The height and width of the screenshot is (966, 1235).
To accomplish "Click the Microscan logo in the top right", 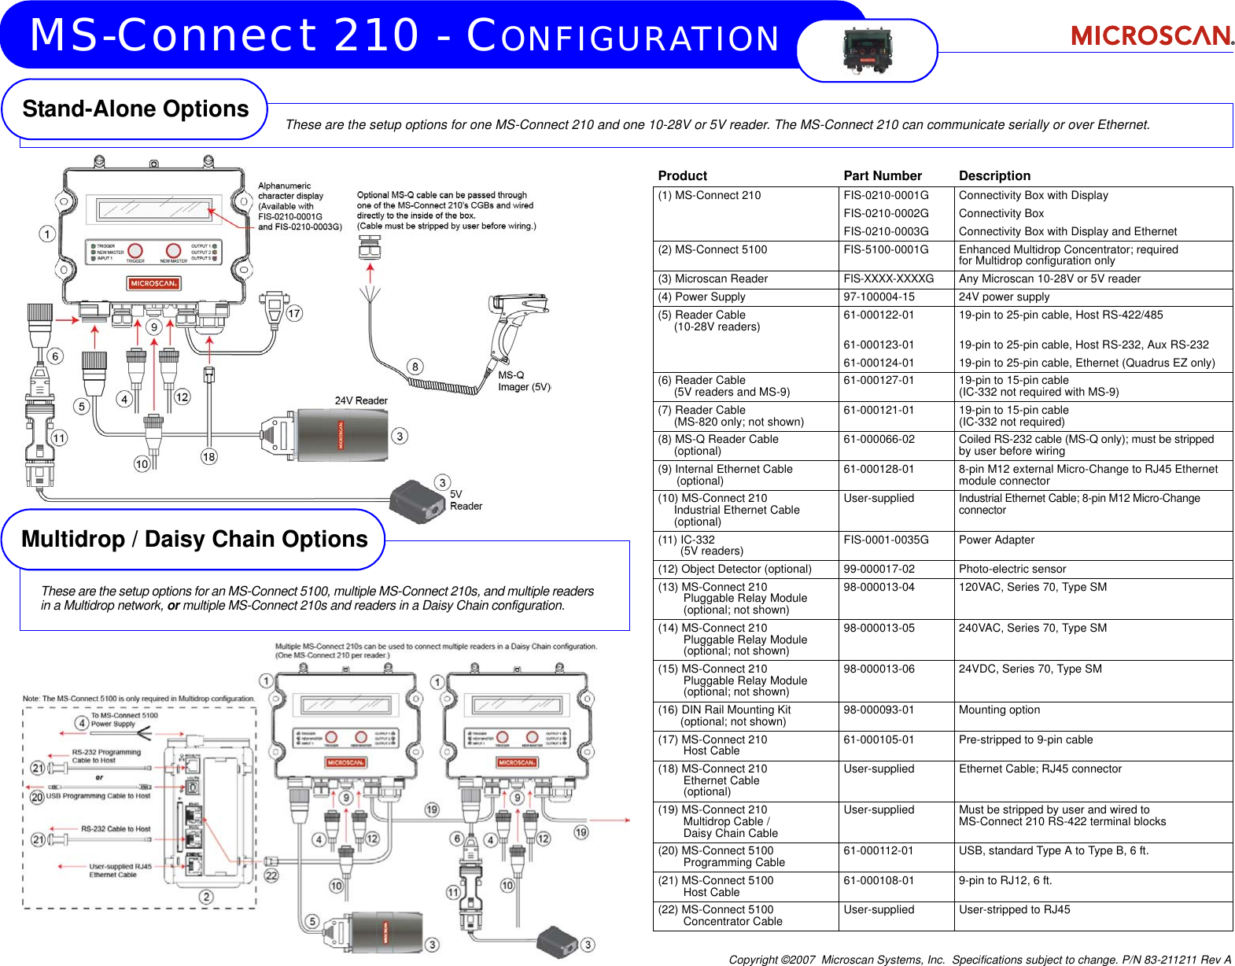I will click(x=1152, y=35).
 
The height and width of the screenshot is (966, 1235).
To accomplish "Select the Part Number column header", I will click(x=882, y=176).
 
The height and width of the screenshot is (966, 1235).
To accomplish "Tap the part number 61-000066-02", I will click(x=879, y=439).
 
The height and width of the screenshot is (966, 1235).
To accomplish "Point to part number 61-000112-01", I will click(x=879, y=850).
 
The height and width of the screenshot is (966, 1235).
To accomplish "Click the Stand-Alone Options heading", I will click(x=135, y=109).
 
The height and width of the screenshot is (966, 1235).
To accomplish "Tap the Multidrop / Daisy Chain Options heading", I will click(x=194, y=540).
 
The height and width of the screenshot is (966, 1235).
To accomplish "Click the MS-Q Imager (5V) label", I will click(x=524, y=381).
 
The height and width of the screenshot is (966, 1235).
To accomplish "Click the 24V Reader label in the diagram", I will click(x=361, y=400).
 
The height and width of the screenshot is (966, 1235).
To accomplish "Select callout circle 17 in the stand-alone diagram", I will click(x=293, y=313).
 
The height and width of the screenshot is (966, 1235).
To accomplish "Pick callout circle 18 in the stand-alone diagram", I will click(x=208, y=456).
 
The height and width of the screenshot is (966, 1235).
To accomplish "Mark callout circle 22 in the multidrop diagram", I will click(x=271, y=875).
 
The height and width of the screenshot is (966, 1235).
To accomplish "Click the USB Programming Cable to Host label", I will click(x=98, y=796).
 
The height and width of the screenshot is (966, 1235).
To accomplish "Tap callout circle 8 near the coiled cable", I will click(x=415, y=367).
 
